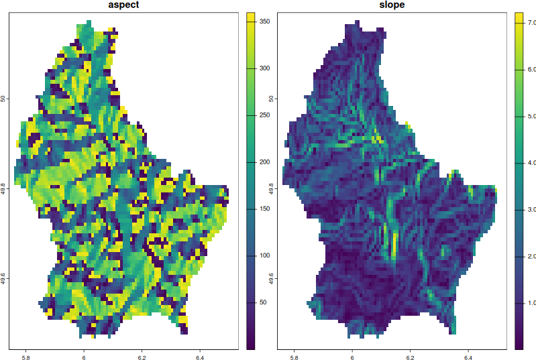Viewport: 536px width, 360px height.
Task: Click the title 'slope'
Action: click(x=391, y=5)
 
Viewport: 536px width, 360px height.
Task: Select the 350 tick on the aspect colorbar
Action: click(x=264, y=21)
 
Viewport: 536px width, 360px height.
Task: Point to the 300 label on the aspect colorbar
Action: click(x=264, y=68)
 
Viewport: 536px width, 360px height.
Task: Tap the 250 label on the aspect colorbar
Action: click(x=264, y=115)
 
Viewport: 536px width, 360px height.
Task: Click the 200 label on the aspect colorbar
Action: click(x=264, y=162)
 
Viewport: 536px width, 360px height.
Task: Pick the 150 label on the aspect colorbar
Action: click(x=264, y=208)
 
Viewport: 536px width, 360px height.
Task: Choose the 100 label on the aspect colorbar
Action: click(x=264, y=255)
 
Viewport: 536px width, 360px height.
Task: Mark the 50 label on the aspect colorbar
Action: click(x=264, y=302)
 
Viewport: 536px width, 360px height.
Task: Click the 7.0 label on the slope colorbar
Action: click(x=531, y=22)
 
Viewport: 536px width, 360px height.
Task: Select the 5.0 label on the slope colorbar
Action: click(x=531, y=116)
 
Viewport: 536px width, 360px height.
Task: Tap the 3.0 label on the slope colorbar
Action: click(x=531, y=210)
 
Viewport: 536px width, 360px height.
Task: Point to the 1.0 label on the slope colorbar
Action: click(x=531, y=304)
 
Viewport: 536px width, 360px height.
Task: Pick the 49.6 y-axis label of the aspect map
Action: click(x=4, y=278)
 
